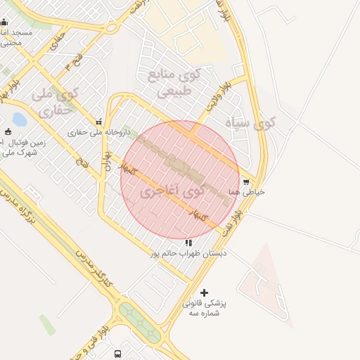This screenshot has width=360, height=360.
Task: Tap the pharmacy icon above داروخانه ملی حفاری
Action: (98, 122)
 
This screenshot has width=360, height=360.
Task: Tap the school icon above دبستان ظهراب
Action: (188, 243)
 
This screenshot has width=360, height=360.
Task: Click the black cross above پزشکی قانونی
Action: (205, 292)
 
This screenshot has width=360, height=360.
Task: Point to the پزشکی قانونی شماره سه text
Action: (205, 308)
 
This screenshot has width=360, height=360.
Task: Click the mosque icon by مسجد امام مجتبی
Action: (4, 22)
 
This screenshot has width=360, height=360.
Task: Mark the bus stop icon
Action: (117, 354)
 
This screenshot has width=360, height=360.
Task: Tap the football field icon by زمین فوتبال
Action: (8, 131)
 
